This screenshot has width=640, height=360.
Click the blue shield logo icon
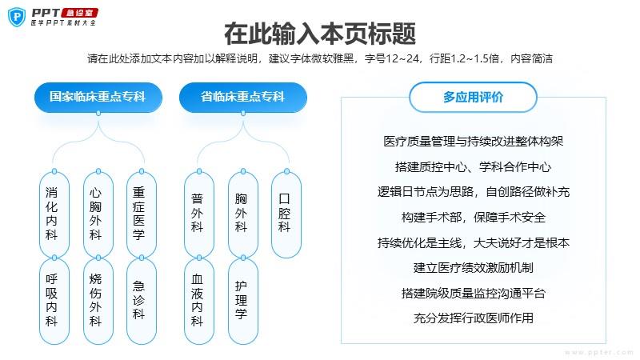click(x=17, y=17)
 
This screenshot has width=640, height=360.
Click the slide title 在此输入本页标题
click(x=320, y=34)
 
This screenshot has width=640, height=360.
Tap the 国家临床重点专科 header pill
click(x=98, y=97)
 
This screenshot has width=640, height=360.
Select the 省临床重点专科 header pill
click(x=243, y=97)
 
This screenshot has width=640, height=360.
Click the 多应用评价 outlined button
click(x=473, y=97)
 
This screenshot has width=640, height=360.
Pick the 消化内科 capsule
click(x=54, y=214)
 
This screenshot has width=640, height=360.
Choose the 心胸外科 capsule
click(x=98, y=214)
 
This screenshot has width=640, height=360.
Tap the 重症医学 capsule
click(x=142, y=214)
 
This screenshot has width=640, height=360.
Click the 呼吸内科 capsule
click(x=54, y=301)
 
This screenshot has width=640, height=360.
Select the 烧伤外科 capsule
click(x=98, y=301)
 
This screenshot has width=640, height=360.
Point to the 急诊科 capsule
click(x=142, y=301)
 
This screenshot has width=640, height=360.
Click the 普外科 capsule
click(x=199, y=214)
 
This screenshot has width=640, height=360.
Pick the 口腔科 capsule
click(x=286, y=214)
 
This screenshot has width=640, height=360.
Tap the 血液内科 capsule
click(x=199, y=301)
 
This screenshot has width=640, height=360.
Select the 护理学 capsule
click(x=243, y=301)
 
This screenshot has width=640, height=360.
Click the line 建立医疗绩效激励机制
click(x=474, y=268)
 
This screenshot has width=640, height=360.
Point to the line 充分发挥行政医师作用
click(x=474, y=318)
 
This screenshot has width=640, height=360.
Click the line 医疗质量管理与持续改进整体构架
click(x=474, y=142)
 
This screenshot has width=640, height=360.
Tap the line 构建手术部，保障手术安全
click(x=474, y=217)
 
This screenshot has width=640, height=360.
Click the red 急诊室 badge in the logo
click(x=79, y=13)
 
